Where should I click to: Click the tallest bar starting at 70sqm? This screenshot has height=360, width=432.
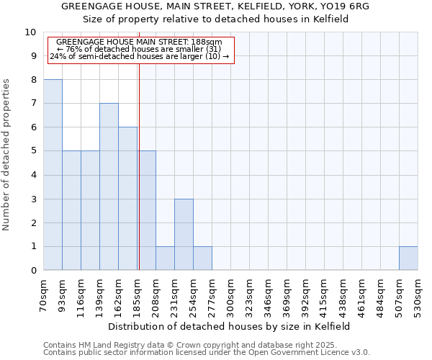(53, 175)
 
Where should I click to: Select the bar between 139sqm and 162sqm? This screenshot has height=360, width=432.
(109, 186)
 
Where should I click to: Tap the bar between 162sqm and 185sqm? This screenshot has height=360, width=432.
(127, 199)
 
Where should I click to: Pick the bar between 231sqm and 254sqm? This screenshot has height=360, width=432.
(184, 235)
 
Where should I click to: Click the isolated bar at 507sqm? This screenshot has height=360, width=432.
(408, 258)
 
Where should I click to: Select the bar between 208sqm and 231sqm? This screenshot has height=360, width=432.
(165, 258)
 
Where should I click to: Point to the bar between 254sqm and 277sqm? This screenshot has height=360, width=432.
(202, 258)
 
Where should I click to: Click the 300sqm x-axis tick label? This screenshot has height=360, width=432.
(230, 295)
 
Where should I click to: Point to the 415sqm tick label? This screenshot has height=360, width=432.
(324, 295)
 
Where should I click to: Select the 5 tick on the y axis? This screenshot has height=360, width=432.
(33, 151)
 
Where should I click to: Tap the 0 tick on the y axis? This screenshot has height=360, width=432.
(33, 271)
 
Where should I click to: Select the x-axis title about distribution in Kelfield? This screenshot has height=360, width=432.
(230, 326)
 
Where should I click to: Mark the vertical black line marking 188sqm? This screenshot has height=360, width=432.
(139, 180)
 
